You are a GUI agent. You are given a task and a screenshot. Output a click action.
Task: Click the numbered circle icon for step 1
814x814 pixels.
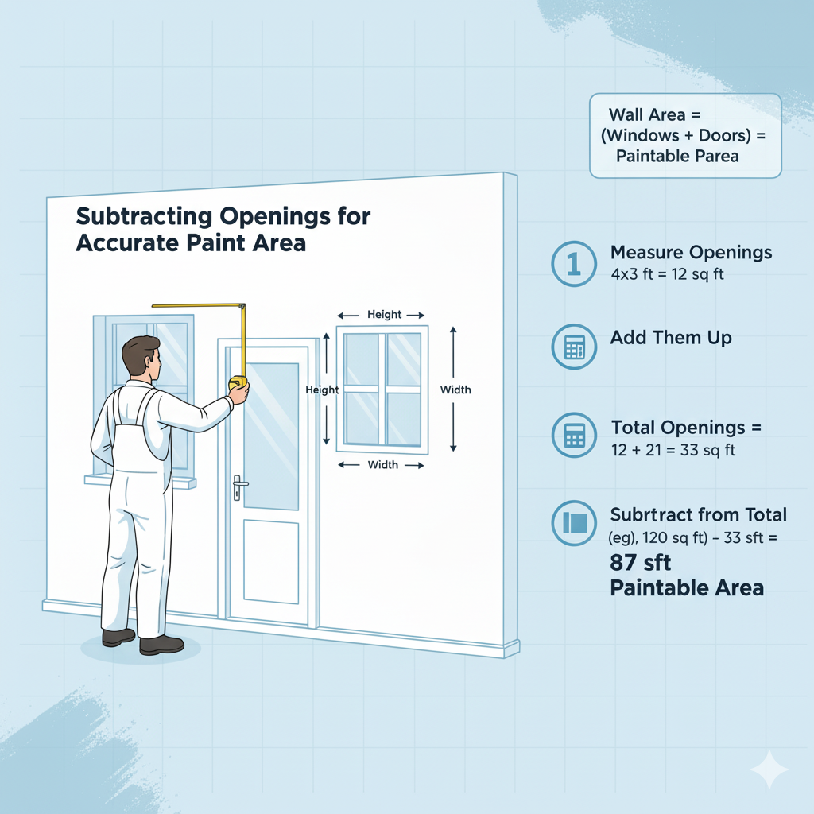coord(573,264)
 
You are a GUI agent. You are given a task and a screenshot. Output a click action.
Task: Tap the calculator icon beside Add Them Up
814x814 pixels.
coord(573,347)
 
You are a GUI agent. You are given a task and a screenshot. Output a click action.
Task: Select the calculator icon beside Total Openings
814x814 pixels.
coord(573,435)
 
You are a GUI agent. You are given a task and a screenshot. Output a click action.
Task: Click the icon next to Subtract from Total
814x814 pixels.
coord(573,523)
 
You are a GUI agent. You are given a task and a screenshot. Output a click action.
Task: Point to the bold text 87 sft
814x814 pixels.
coord(641,564)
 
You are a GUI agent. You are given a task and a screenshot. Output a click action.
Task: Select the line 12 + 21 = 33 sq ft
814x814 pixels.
coord(673,450)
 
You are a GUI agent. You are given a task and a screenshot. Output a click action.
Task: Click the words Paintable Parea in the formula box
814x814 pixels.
coord(677,156)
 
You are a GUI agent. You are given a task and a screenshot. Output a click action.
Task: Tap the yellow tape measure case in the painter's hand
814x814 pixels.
coord(238,384)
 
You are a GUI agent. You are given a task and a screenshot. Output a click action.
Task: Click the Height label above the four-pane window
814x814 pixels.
coord(384,315)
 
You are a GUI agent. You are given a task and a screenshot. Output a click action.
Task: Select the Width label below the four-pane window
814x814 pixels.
coord(382,465)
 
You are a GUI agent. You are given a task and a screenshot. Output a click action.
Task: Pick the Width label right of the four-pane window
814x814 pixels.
coord(455,390)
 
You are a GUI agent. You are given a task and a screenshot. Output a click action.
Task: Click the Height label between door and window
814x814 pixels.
coord(322,390)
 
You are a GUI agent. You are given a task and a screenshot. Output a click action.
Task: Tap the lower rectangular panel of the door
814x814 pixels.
coord(270,562)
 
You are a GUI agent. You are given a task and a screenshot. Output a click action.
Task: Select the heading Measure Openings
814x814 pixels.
coord(691,253)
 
